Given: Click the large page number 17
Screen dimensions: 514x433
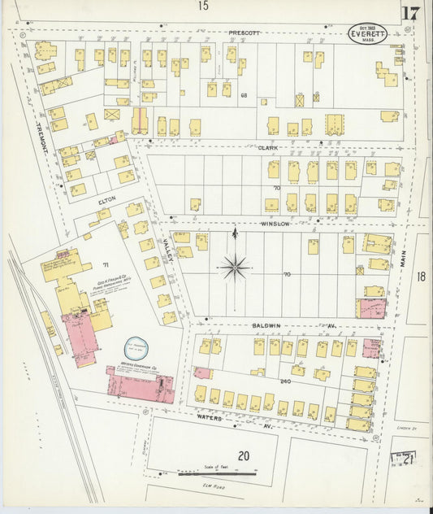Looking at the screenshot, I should pos(409,13).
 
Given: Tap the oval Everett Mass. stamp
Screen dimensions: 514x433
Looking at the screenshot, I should pos(368,34).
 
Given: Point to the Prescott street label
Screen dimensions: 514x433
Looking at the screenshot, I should pos(244,33).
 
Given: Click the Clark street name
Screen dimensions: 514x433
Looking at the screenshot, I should pos(269,148).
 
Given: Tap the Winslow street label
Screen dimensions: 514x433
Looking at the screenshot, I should pos(275,223).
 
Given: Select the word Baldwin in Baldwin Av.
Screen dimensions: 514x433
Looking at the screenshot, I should pos(266,325).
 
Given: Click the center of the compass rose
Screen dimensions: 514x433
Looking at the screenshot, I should pos(235,264).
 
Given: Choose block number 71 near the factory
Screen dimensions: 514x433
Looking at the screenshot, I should pos(105,266).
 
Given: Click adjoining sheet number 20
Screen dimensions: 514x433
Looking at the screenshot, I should pos(243,455).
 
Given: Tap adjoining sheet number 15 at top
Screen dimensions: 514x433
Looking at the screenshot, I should pos(202,7).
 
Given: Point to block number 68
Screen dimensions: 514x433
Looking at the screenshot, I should pos(243,95).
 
